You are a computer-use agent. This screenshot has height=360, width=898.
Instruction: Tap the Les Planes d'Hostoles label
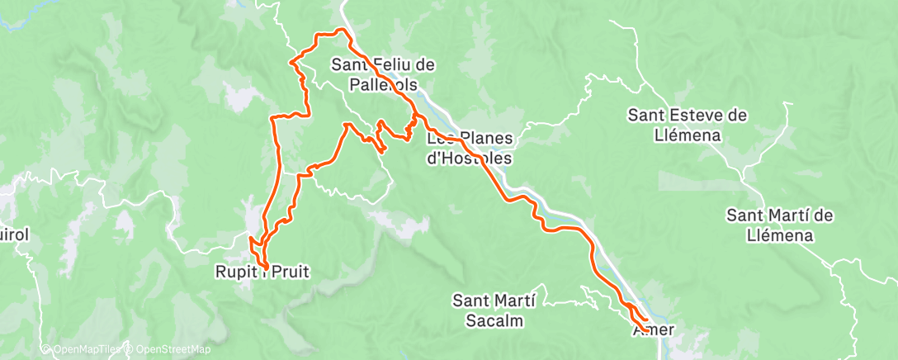[470, 148]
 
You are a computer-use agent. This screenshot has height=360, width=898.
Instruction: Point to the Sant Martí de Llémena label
[779, 225]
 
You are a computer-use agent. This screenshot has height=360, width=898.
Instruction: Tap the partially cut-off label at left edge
[14, 235]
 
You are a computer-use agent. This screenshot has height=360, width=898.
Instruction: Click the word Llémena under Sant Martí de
[779, 235]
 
